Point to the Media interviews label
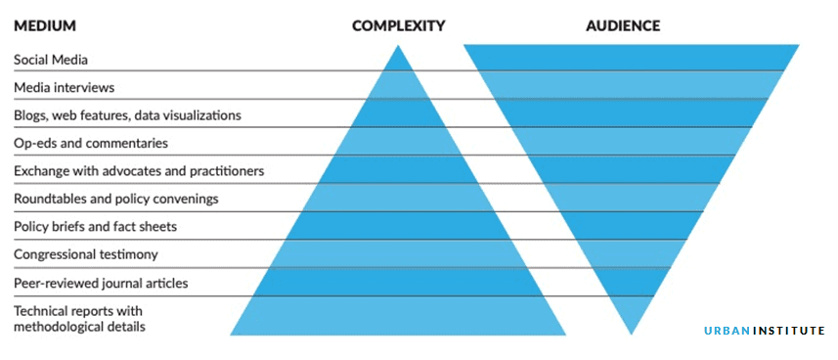coord(64,88)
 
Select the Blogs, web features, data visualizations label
coord(127,115)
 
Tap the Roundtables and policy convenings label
coord(115,199)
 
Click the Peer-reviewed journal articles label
coord(101,283)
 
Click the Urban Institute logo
coord(765,331)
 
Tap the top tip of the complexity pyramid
coord(398,48)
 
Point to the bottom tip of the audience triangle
coord(631,333)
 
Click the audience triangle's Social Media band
coord(631,58)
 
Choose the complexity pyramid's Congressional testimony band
coord(398,254)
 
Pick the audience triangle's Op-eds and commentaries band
coord(631,142)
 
